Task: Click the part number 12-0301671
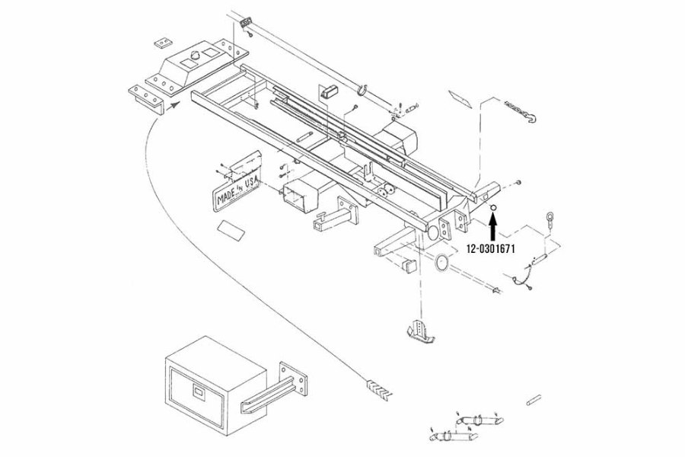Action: pyautogui.click(x=491, y=249)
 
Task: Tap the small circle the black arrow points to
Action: pyautogui.click(x=493, y=208)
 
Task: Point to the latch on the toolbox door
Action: pyautogui.click(x=199, y=391)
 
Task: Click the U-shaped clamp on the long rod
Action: pyautogui.click(x=362, y=89)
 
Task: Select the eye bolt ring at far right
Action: pyautogui.click(x=550, y=216)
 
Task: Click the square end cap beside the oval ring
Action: pyautogui.click(x=409, y=265)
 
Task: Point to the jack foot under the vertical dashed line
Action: pyautogui.click(x=419, y=330)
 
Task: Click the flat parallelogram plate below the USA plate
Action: pyautogui.click(x=231, y=230)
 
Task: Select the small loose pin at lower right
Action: pyautogui.click(x=534, y=400)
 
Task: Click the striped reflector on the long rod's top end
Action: pyautogui.click(x=247, y=22)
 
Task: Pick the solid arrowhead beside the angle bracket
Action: pyautogui.click(x=174, y=104)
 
